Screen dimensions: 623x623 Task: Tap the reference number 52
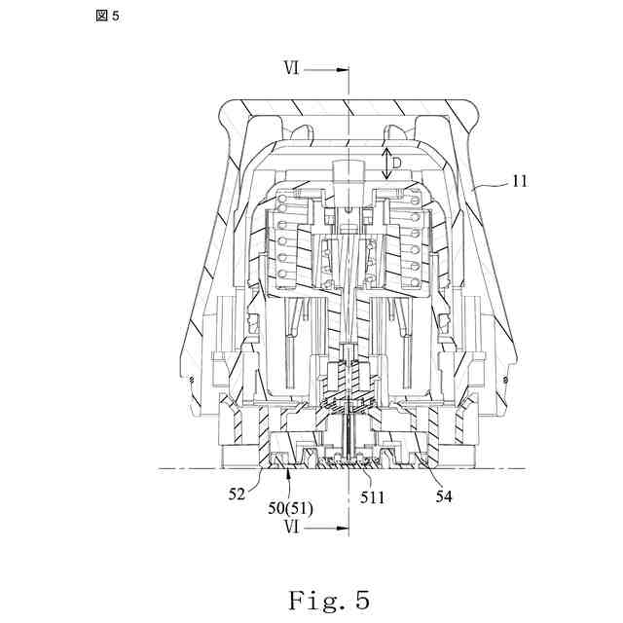pyautogui.click(x=237, y=495)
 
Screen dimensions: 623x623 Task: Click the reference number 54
pyautogui.click(x=443, y=495)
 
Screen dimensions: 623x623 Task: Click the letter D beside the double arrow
pyautogui.click(x=398, y=161)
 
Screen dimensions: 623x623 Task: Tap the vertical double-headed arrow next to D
pyautogui.click(x=386, y=162)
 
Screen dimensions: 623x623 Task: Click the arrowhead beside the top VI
pyautogui.click(x=341, y=69)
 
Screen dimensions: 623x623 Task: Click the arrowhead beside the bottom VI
pyautogui.click(x=341, y=529)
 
